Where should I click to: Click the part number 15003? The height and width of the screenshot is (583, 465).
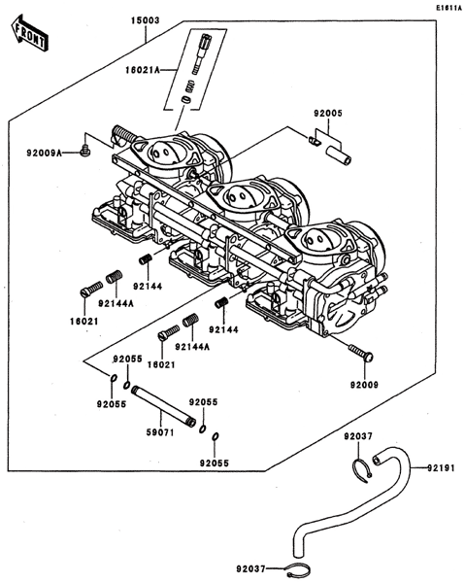click(145, 20)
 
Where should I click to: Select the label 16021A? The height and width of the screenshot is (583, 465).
click(143, 70)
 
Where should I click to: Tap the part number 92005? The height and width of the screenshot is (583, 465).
click(328, 114)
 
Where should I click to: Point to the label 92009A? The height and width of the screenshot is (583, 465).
click(44, 153)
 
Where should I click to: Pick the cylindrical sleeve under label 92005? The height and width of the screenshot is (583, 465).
click(339, 155)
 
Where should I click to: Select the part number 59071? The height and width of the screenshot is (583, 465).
click(160, 432)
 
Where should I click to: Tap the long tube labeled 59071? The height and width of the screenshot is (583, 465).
click(163, 406)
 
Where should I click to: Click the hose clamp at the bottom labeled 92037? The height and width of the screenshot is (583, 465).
click(298, 568)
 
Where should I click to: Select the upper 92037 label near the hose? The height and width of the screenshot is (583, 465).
click(357, 436)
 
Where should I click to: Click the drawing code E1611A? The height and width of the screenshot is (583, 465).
click(448, 7)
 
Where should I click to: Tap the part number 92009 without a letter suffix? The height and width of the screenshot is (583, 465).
click(364, 385)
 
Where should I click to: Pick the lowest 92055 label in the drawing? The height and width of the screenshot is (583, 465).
click(215, 463)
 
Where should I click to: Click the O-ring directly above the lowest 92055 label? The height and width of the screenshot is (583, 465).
click(216, 437)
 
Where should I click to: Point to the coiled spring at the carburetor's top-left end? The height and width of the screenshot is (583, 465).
click(122, 133)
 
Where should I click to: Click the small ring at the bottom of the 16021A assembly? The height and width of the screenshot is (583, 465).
click(185, 100)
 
